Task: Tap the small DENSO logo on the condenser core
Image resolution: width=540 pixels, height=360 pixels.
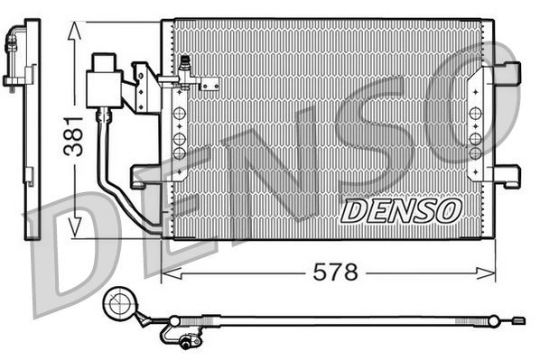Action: coord(399,210)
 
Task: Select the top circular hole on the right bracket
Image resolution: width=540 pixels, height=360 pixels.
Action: coord(475,115)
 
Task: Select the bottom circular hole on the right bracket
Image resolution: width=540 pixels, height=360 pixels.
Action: coord(475,153)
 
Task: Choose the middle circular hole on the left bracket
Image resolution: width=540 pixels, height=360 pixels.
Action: coord(180,138)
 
